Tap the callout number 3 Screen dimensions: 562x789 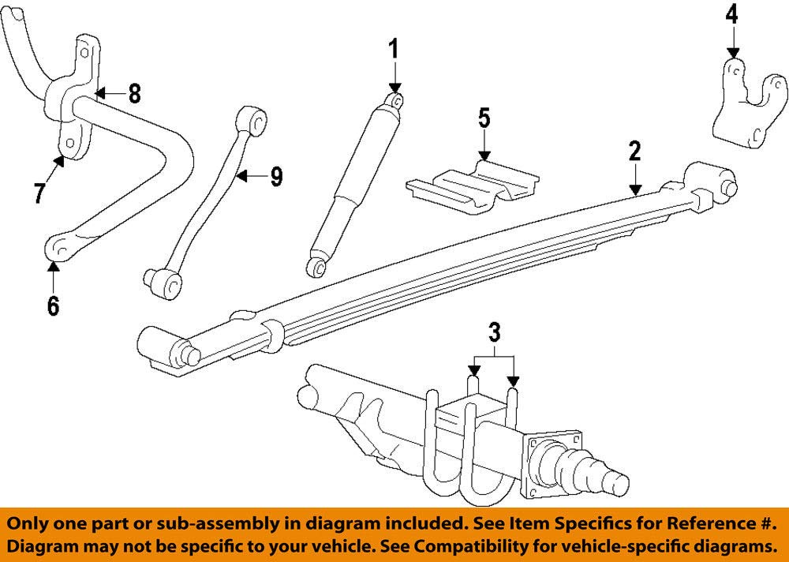(494, 332)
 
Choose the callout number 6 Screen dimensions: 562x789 (53, 305)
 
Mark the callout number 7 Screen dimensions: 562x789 (39, 193)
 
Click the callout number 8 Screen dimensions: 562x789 (134, 94)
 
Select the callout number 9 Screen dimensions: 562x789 (275, 177)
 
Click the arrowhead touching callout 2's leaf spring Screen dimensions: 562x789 (635, 189)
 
